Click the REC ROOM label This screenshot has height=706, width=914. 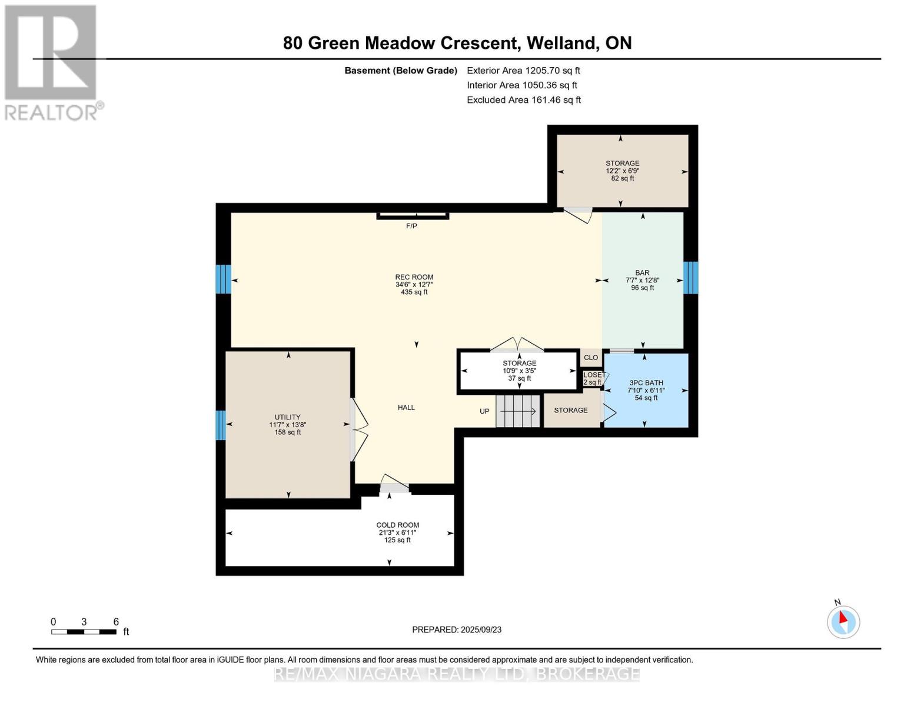tap(414, 277)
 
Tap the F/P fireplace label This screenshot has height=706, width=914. tap(411, 227)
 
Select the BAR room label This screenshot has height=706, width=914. tap(642, 273)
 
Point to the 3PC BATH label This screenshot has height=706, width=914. tap(646, 382)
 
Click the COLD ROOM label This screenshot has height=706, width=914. tap(397, 525)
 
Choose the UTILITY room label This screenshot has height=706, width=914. tap(288, 417)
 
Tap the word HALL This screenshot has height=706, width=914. tap(406, 408)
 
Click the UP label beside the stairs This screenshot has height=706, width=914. tap(484, 411)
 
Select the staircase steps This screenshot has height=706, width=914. tap(518, 411)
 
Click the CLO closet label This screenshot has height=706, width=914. tap(591, 358)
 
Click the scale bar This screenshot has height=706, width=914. tap(84, 631)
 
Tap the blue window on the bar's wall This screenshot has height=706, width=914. tap(691, 278)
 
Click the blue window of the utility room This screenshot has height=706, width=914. tap(221, 425)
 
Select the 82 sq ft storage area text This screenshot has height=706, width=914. tap(623, 178)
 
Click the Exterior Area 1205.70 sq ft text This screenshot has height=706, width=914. tap(523, 71)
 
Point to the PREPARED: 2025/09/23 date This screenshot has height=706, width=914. tap(457, 630)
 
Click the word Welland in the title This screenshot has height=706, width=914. tap(563, 43)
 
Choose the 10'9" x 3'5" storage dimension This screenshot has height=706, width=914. tap(520, 371)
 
